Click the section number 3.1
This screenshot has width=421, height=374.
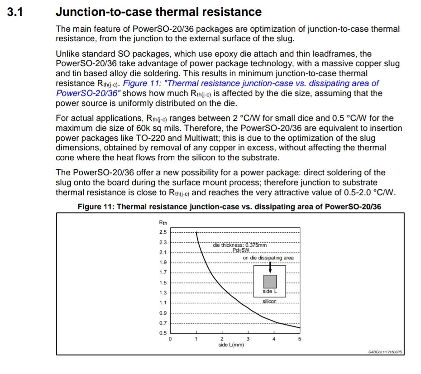pyautogui.click(x=15, y=12)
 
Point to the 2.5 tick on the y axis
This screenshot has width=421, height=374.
pyautogui.click(x=163, y=232)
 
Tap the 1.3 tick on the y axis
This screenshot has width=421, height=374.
pyautogui.click(x=163, y=293)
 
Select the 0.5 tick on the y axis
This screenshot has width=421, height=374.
pyautogui.click(x=163, y=333)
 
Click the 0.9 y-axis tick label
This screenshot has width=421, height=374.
pyautogui.click(x=163, y=313)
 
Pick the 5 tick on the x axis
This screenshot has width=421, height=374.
pyautogui.click(x=299, y=339)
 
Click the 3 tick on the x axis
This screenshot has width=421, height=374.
pyautogui.click(x=248, y=339)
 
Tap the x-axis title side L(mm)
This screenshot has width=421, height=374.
pyautogui.click(x=231, y=345)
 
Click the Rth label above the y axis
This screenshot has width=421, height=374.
pyautogui.click(x=163, y=222)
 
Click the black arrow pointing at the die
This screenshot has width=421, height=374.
pyautogui.click(x=270, y=267)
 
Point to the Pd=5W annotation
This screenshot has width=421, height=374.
pyautogui.click(x=241, y=250)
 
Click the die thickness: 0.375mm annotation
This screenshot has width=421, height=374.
pyautogui.click(x=240, y=245)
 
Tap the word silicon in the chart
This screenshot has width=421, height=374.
pyautogui.click(x=269, y=302)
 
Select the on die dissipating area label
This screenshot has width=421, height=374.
pyautogui.click(x=268, y=258)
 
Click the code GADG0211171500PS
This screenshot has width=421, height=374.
pyautogui.click(x=385, y=351)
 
